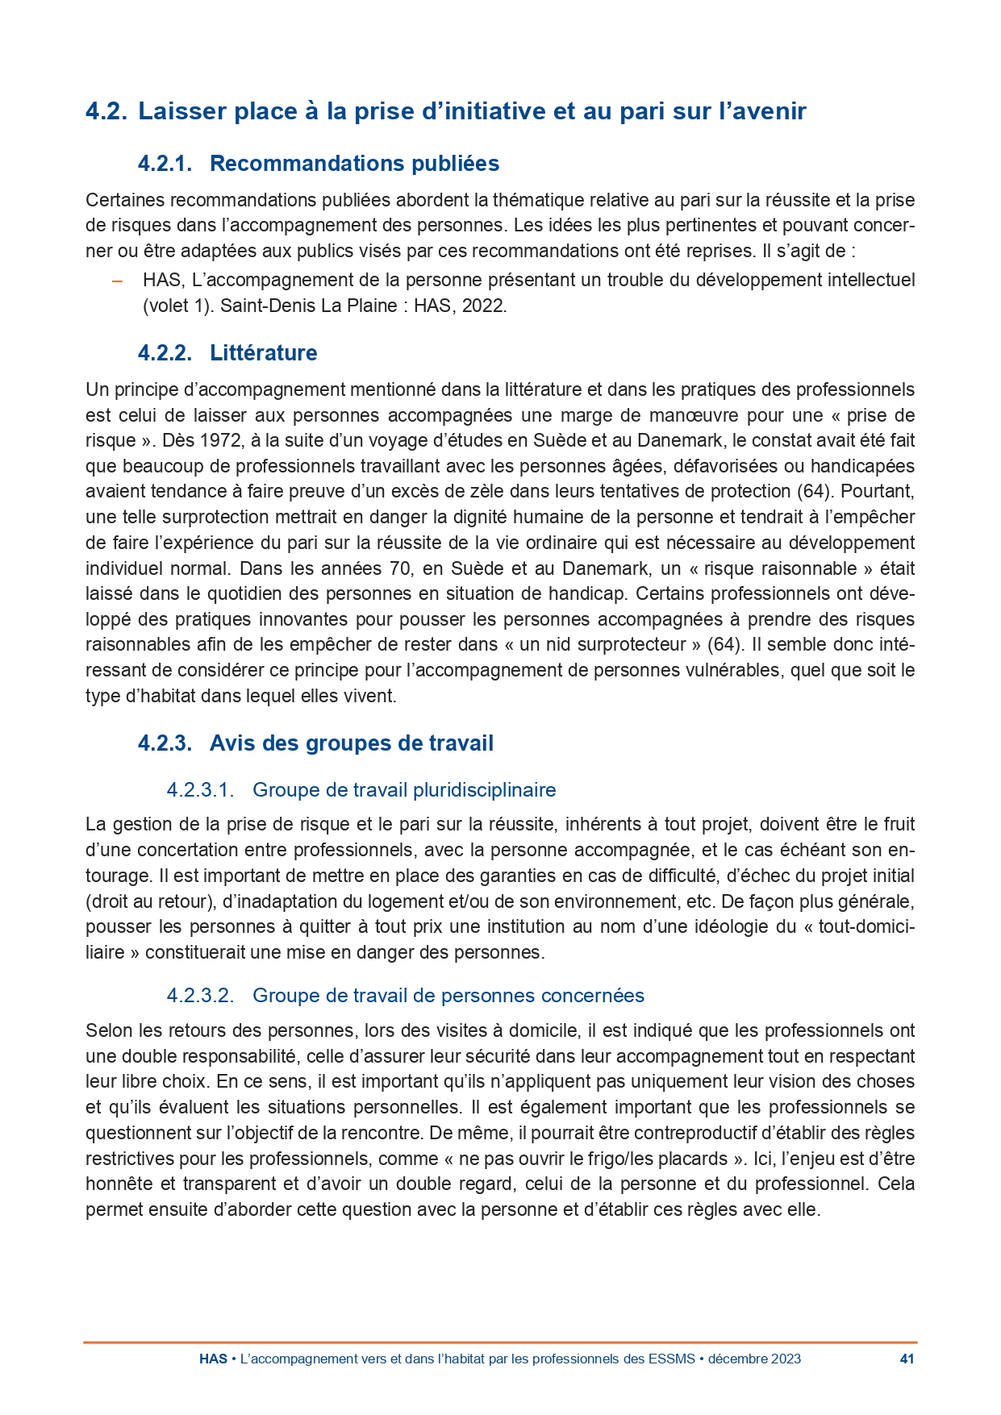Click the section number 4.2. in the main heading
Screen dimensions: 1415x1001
pos(106,111)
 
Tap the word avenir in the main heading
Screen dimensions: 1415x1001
pos(766,111)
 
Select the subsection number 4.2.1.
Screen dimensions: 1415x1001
pos(165,164)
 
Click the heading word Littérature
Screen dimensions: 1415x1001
pos(263,353)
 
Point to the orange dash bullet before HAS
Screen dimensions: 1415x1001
pos(117,281)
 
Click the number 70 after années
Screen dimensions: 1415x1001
pos(400,568)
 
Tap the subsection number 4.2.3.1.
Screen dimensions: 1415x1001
pos(200,790)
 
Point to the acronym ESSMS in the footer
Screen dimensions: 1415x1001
pos(671,1359)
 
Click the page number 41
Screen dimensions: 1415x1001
pos(907,1359)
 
